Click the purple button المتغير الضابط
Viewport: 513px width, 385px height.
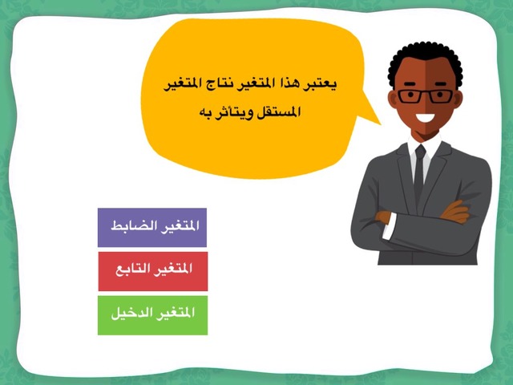click(152, 227)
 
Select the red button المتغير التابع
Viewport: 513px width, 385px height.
click(153, 271)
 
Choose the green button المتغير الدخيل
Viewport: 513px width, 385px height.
click(152, 315)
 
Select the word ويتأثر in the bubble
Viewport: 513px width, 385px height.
click(235, 113)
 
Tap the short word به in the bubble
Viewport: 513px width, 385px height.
click(205, 112)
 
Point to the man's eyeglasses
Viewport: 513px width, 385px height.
click(425, 96)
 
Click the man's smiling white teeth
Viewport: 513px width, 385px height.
click(425, 117)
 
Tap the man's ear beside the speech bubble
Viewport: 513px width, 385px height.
click(393, 99)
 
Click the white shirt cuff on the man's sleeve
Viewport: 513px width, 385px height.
click(390, 226)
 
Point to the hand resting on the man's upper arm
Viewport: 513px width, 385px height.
click(454, 212)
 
